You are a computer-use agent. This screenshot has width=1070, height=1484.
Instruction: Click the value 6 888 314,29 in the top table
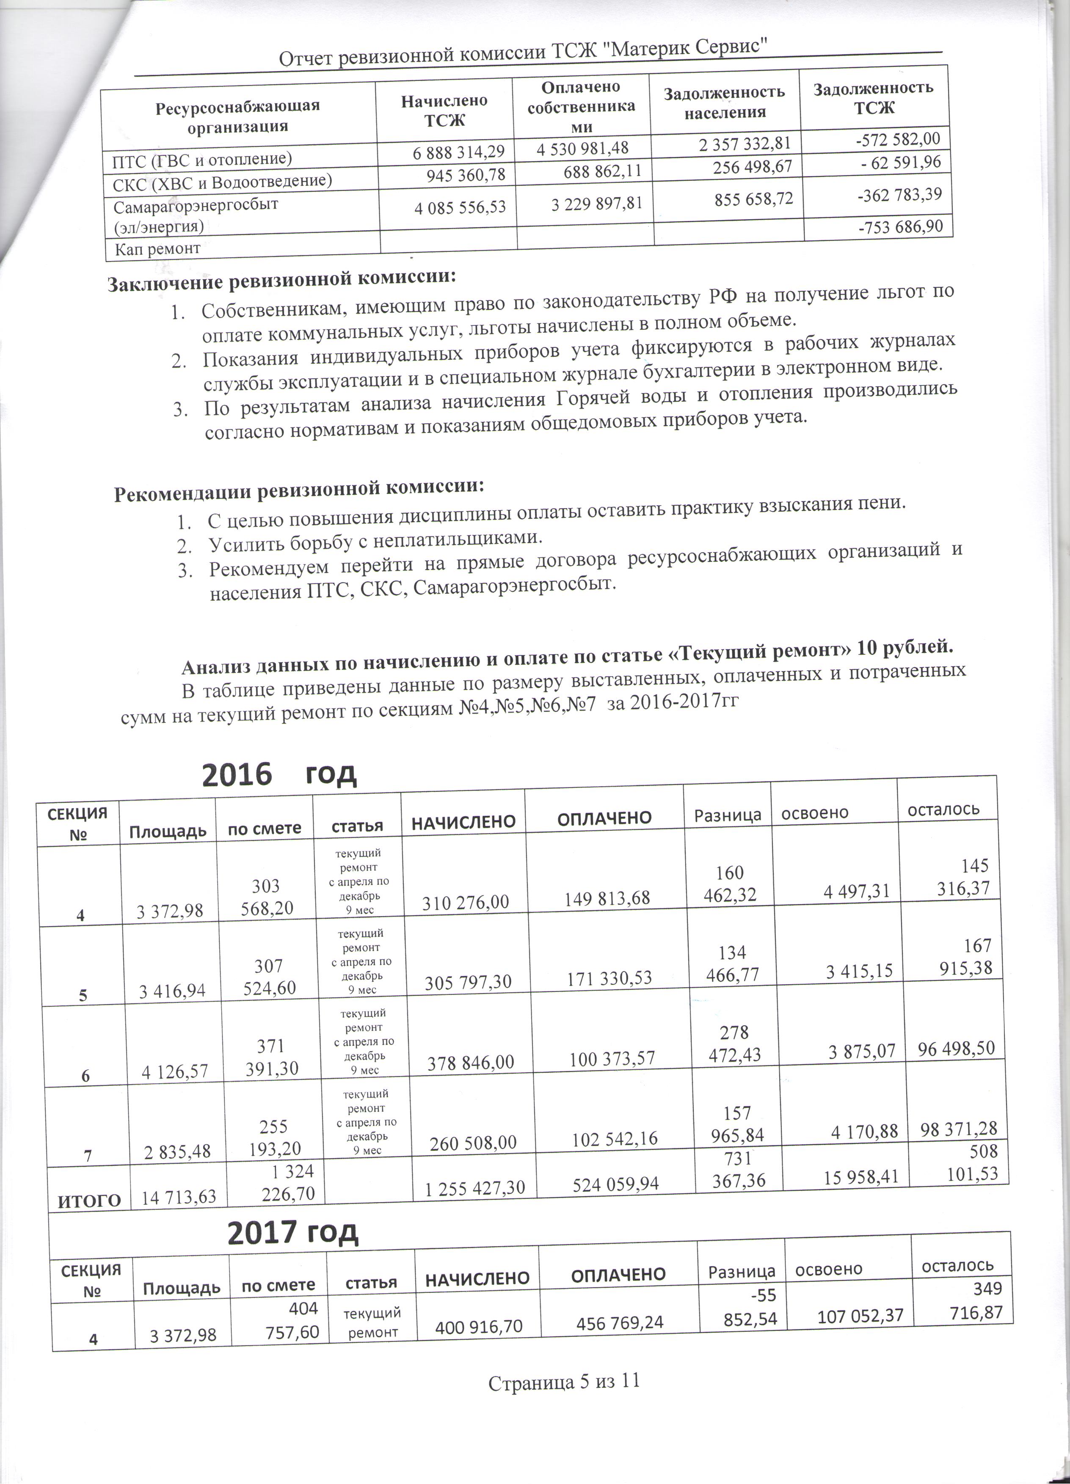pos(458,152)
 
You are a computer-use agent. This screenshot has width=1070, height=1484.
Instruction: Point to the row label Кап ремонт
pos(157,249)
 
